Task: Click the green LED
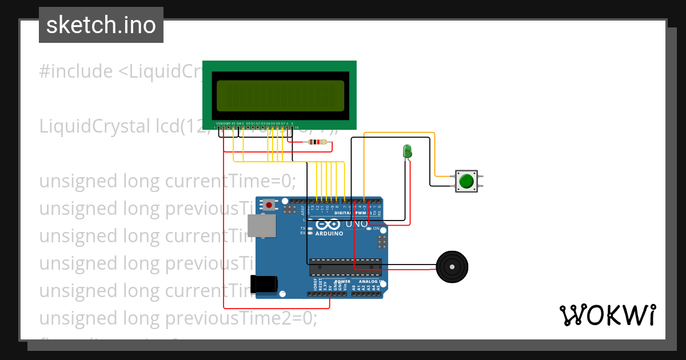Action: click(x=407, y=151)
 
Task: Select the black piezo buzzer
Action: click(x=452, y=266)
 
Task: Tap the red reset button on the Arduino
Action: click(x=269, y=203)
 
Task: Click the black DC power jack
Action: click(x=264, y=285)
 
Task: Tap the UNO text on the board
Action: click(x=357, y=223)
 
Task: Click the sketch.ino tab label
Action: click(x=101, y=25)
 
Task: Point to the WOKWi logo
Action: click(x=607, y=315)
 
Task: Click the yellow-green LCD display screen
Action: click(x=280, y=95)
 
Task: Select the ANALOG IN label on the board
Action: click(x=372, y=282)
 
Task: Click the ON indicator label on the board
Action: click(x=376, y=229)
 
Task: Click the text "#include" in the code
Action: click(x=76, y=71)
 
